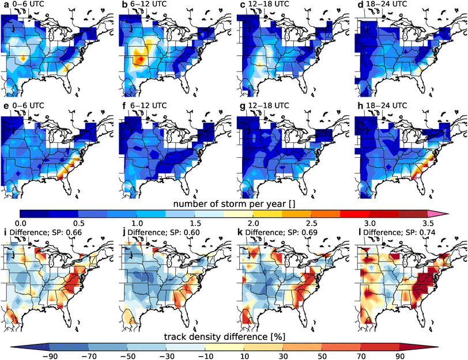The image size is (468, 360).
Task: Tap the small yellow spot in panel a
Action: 23,58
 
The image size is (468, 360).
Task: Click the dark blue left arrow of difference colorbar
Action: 17,346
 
